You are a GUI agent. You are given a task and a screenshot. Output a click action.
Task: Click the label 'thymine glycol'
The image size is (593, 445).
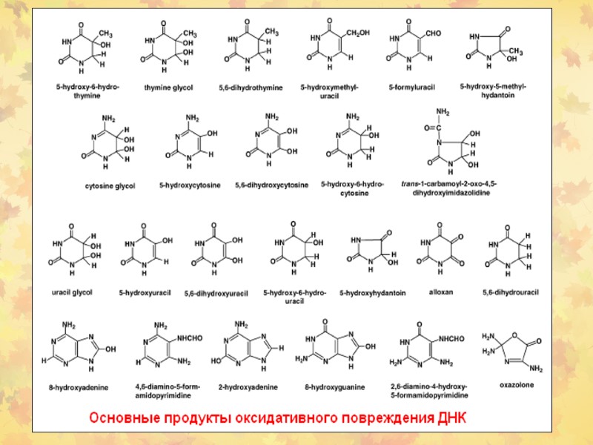168,88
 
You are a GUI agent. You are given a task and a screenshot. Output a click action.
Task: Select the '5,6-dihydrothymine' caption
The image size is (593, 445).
251,88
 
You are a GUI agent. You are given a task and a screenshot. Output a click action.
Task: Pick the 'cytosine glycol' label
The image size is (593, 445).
110,185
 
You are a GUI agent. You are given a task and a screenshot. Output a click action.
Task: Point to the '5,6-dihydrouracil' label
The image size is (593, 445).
511,291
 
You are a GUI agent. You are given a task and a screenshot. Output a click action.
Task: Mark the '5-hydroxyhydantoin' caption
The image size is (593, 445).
372,293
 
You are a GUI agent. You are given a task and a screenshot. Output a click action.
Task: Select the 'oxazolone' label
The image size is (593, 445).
517,385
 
